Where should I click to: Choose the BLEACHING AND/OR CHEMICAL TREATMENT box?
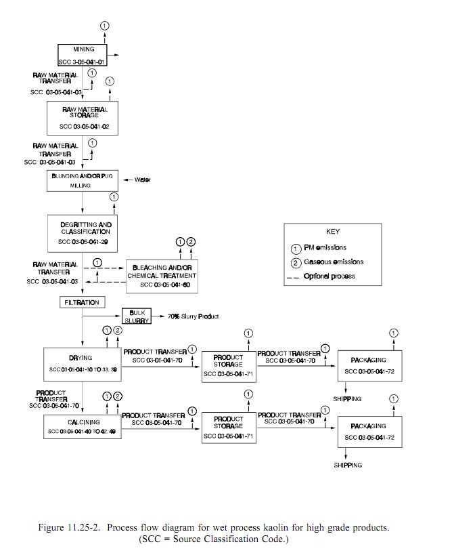point(164,276)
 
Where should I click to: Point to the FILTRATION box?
point(81,302)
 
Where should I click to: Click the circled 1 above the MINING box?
point(104,25)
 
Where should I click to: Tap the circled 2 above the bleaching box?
point(191,241)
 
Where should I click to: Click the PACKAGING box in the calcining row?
point(369,431)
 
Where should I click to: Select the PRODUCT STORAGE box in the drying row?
point(228,366)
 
